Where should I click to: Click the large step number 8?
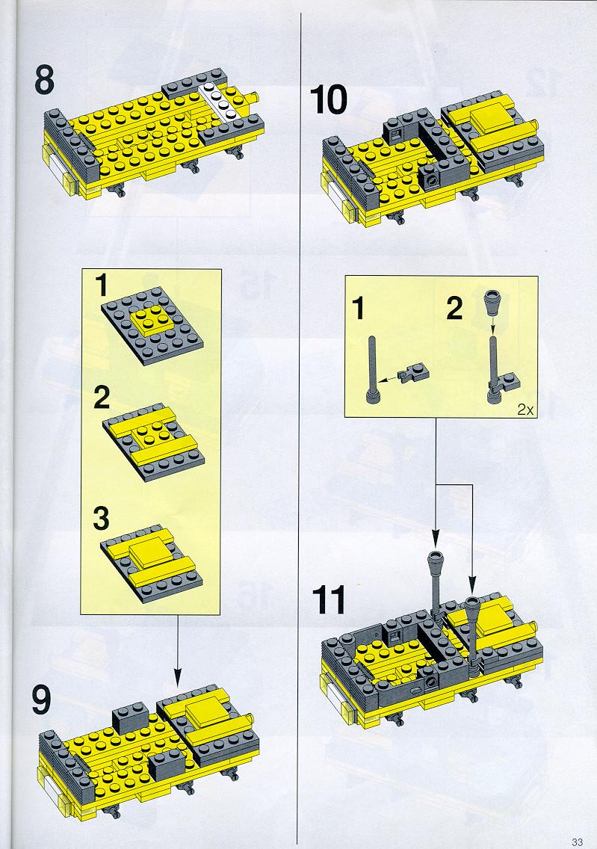(x=44, y=81)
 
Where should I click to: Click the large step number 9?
(x=42, y=700)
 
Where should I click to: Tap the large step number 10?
(x=329, y=100)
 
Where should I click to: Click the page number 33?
(x=577, y=842)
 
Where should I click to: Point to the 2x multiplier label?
(x=525, y=410)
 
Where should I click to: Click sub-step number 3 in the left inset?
(x=101, y=519)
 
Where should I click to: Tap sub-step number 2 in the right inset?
(x=454, y=308)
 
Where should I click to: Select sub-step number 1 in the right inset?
(x=359, y=309)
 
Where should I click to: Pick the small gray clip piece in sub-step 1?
(x=412, y=374)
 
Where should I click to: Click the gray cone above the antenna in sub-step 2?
(x=492, y=303)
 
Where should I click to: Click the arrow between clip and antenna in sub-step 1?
(x=388, y=378)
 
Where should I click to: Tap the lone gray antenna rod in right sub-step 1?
(x=373, y=370)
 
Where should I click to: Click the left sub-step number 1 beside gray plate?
(x=101, y=285)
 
